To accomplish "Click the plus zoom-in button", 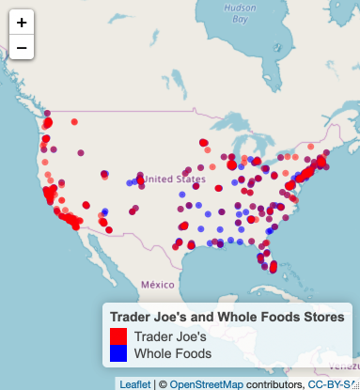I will pyautogui.click(x=21, y=22).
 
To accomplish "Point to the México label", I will pyautogui.click(x=157, y=284).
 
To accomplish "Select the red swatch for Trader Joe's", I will pyautogui.click(x=118, y=335).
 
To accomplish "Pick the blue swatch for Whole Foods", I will pyautogui.click(x=118, y=353).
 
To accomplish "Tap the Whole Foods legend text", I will pyautogui.click(x=173, y=353).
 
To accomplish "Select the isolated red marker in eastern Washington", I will pyautogui.click(x=74, y=122).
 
